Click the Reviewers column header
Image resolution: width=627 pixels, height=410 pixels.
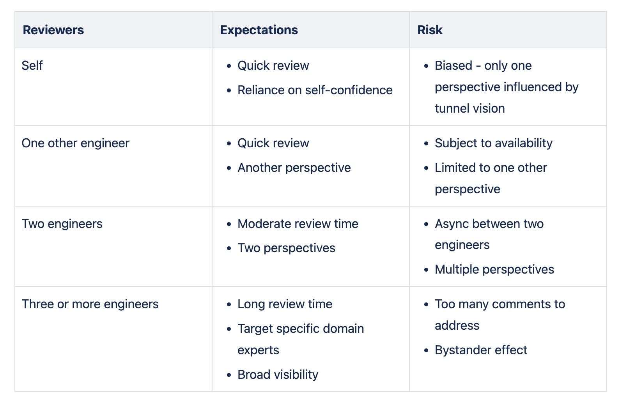pos(53,30)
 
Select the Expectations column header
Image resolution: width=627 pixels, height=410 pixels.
pos(259,30)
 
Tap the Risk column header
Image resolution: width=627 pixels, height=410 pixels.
pos(430,30)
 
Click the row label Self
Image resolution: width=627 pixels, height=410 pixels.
pos(32,65)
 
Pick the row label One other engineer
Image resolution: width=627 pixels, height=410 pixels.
pos(76,143)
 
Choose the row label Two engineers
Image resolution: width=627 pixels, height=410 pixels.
pos(62,224)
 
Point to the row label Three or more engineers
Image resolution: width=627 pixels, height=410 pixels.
pos(90,304)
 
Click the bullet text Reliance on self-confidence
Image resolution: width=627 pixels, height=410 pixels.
pos(315,90)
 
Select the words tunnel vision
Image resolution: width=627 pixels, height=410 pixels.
pos(470,108)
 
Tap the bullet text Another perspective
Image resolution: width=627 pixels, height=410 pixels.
pos(294,168)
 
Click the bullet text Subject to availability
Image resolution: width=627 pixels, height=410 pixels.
pos(494,143)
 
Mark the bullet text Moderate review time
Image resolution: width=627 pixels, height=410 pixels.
pos(298,224)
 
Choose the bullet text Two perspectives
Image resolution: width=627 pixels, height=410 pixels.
pos(286,248)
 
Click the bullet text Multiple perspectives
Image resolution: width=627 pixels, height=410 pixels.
pos(494,270)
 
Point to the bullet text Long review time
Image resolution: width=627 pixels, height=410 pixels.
pos(285,304)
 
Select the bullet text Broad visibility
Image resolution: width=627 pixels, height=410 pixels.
pos(278,375)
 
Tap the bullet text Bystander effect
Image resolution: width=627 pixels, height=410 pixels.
pos(481,350)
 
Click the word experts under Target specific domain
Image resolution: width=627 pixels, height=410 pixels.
pos(259,350)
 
